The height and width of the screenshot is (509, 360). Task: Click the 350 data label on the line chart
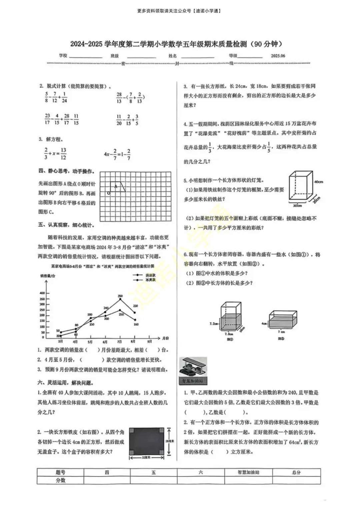click(120, 296)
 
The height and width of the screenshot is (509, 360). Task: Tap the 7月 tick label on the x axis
click(120, 342)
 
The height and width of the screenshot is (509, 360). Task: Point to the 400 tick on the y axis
click(42, 293)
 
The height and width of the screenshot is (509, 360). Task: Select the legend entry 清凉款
click(150, 275)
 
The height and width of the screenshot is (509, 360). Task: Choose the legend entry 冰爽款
click(150, 280)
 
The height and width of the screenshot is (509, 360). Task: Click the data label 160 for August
click(136, 324)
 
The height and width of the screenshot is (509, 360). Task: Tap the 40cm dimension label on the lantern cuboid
click(318, 182)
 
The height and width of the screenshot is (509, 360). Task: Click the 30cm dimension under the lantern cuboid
click(297, 206)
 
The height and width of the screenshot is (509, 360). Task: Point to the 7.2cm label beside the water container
click(214, 324)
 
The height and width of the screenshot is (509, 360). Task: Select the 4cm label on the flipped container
click(264, 324)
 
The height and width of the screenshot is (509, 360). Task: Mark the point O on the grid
click(109, 193)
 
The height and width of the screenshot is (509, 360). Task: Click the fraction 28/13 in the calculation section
click(119, 98)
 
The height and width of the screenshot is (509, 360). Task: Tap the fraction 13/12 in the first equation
click(63, 154)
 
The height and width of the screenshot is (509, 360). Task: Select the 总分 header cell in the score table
click(296, 472)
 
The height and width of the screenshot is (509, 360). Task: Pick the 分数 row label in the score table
click(60, 480)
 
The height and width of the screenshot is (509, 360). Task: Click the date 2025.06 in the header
click(278, 56)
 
